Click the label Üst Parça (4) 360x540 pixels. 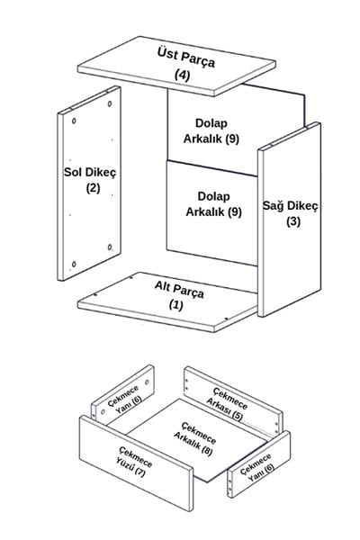coord(186,64)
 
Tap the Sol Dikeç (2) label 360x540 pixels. coord(90,180)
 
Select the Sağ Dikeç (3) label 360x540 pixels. coord(291,213)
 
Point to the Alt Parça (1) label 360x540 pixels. coord(179,296)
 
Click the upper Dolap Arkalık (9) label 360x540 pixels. coord(211,131)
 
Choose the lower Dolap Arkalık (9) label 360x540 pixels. coord(213,204)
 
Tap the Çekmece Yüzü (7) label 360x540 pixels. coord(135,461)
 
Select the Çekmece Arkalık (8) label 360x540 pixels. coord(195,439)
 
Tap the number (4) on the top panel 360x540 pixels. coord(182,75)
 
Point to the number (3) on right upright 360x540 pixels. coord(293,221)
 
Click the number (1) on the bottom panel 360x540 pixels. coord(176,305)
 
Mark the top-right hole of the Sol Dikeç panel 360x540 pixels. coord(110,103)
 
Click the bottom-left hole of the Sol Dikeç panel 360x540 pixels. coord(74,264)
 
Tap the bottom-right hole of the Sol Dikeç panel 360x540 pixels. coord(110,247)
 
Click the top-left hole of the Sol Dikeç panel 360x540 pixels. coord(74,121)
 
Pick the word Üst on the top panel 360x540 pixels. coord(167,54)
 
